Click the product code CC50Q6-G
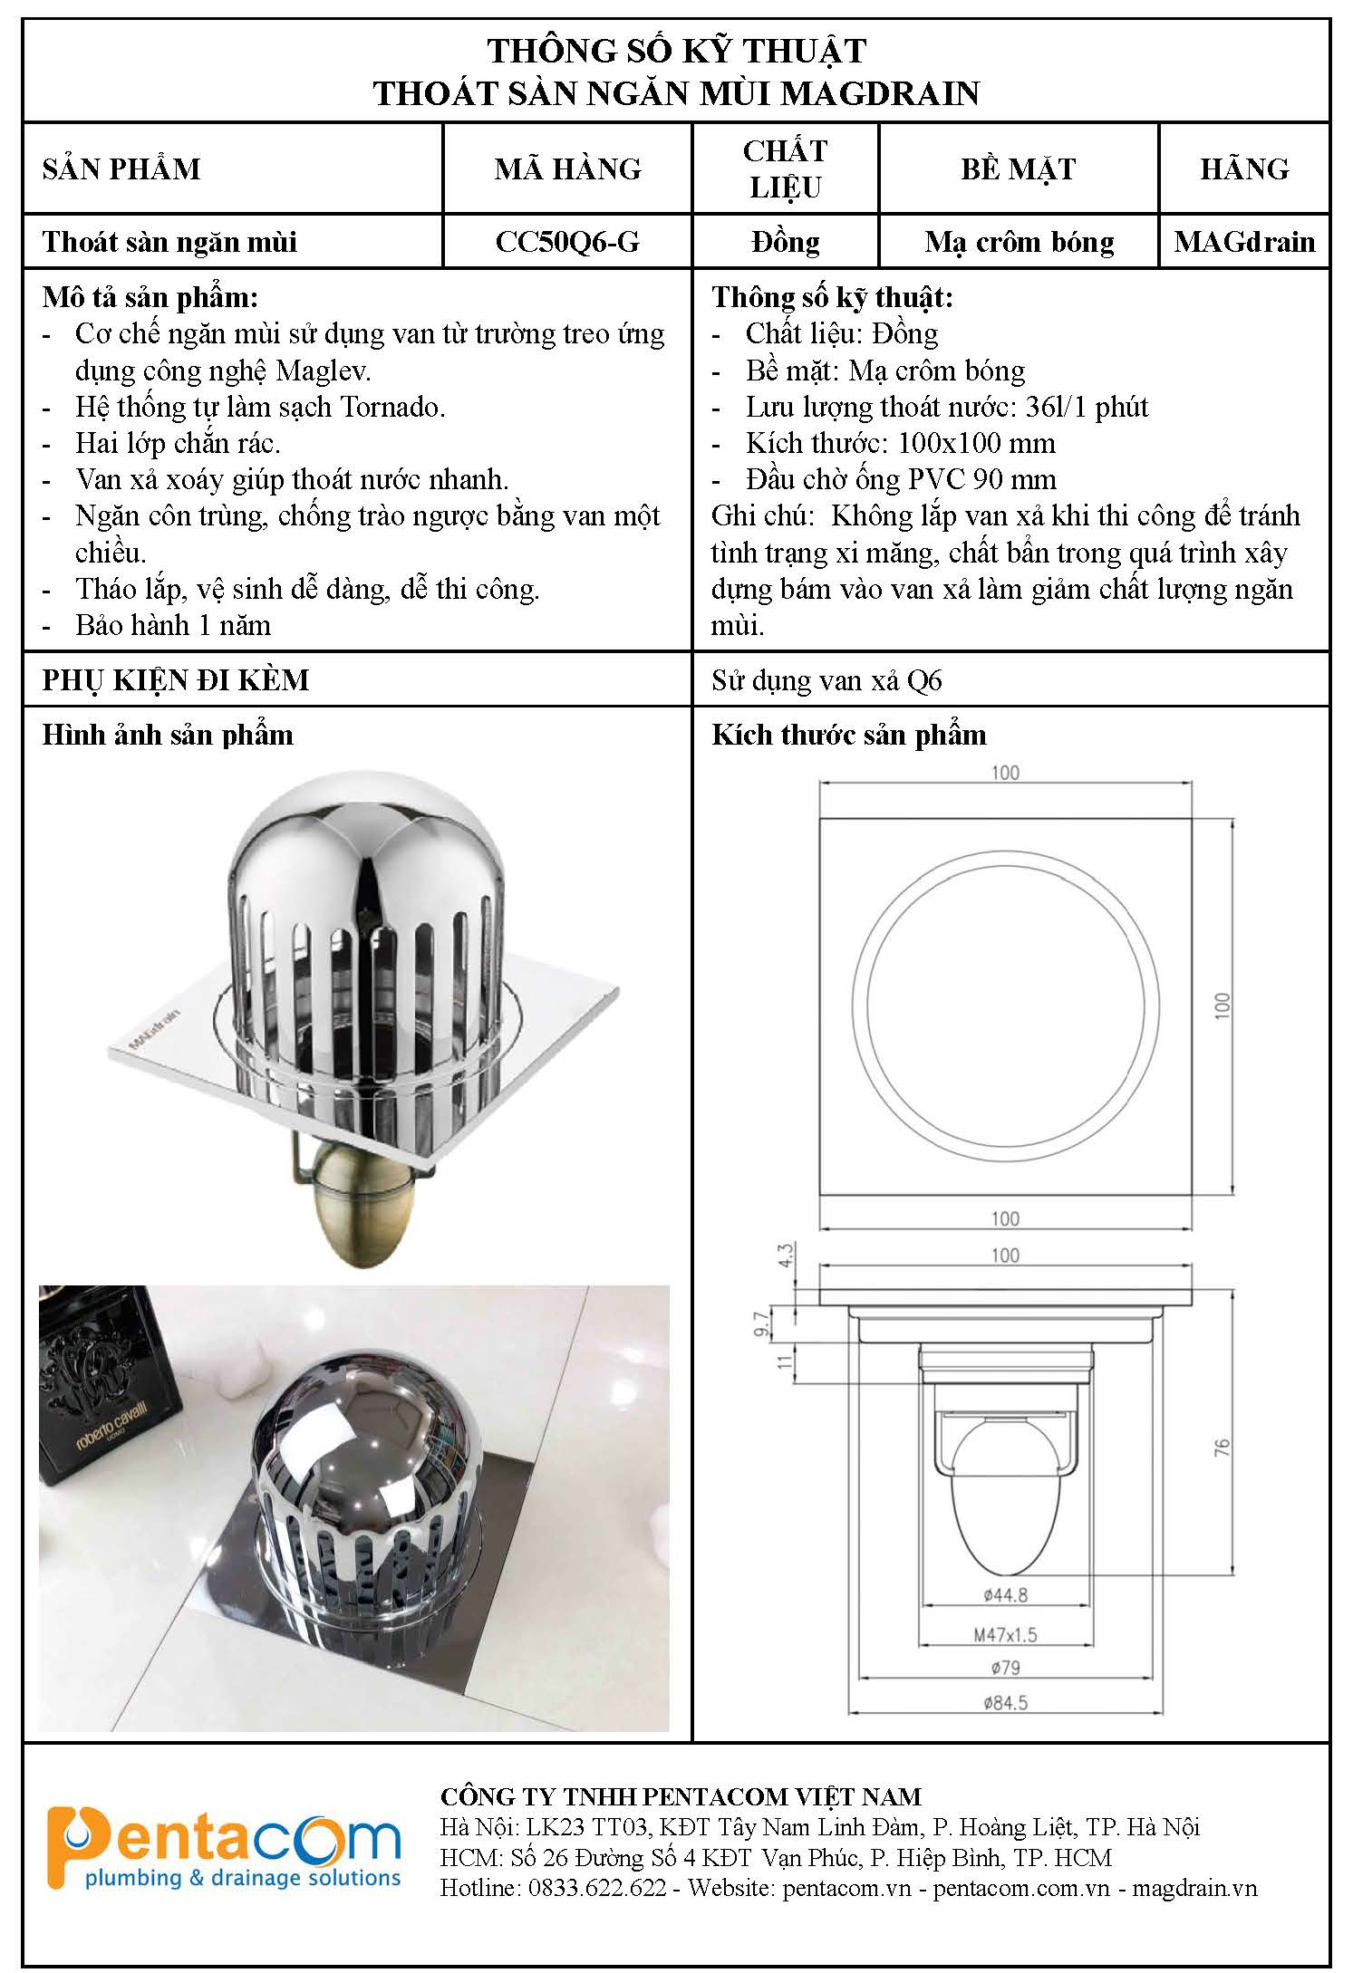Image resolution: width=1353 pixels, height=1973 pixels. pyautogui.click(x=567, y=242)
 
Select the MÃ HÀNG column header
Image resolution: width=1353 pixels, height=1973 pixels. pyautogui.click(x=567, y=169)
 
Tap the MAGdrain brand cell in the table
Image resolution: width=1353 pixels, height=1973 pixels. pyautogui.click(x=1244, y=242)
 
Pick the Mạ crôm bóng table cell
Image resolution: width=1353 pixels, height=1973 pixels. pyautogui.click(x=1019, y=242)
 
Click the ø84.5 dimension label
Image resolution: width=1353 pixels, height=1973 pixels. pyautogui.click(x=1005, y=1703)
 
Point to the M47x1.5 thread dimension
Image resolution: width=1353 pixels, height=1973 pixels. pyautogui.click(x=1005, y=1635)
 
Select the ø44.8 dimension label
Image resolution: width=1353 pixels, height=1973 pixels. pyautogui.click(x=1005, y=1595)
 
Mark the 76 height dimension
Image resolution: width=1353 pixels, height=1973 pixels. pyautogui.click(x=1222, y=1448)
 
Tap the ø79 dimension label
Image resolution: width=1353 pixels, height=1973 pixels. pyautogui.click(x=1005, y=1668)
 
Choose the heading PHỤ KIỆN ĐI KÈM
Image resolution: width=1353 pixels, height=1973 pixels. pyautogui.click(x=176, y=680)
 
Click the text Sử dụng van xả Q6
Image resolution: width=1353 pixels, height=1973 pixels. pyautogui.click(x=826, y=680)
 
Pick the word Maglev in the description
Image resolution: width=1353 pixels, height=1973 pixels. pyautogui.click(x=323, y=371)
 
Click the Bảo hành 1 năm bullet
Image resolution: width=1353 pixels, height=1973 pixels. pyautogui.click(x=173, y=625)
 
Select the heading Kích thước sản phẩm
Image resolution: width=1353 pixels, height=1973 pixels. pyautogui.click(x=849, y=735)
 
